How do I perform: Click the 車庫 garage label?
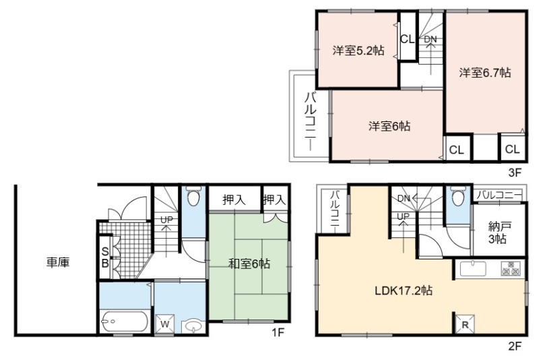point(58,263)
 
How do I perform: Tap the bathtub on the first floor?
point(125,322)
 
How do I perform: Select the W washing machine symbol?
point(164,324)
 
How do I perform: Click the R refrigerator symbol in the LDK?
point(464,324)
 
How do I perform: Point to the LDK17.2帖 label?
point(404,291)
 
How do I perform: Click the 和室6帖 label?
point(249,264)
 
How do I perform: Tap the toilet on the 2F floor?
point(458,196)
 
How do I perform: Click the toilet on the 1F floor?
point(193,196)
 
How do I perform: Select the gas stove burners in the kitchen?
point(511,268)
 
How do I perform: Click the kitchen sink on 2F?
point(474,268)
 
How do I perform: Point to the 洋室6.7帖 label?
point(485,73)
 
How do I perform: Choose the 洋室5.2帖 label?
point(358,51)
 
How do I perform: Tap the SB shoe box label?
point(105,258)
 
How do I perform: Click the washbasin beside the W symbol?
point(193,326)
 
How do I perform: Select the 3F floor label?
point(515,173)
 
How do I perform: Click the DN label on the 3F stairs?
point(430,39)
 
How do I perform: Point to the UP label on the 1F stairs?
point(166,220)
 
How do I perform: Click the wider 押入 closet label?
point(234,200)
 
